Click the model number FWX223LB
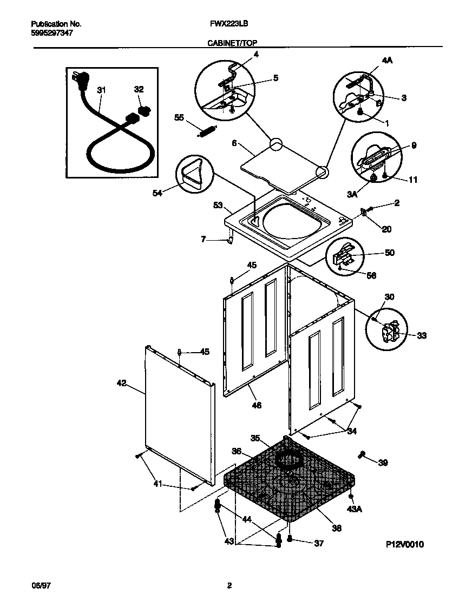(225, 24)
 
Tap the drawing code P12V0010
(405, 544)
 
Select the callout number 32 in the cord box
(139, 90)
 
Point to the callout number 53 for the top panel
(218, 205)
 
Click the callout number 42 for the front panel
(121, 383)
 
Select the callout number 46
(257, 405)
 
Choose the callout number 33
(422, 335)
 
